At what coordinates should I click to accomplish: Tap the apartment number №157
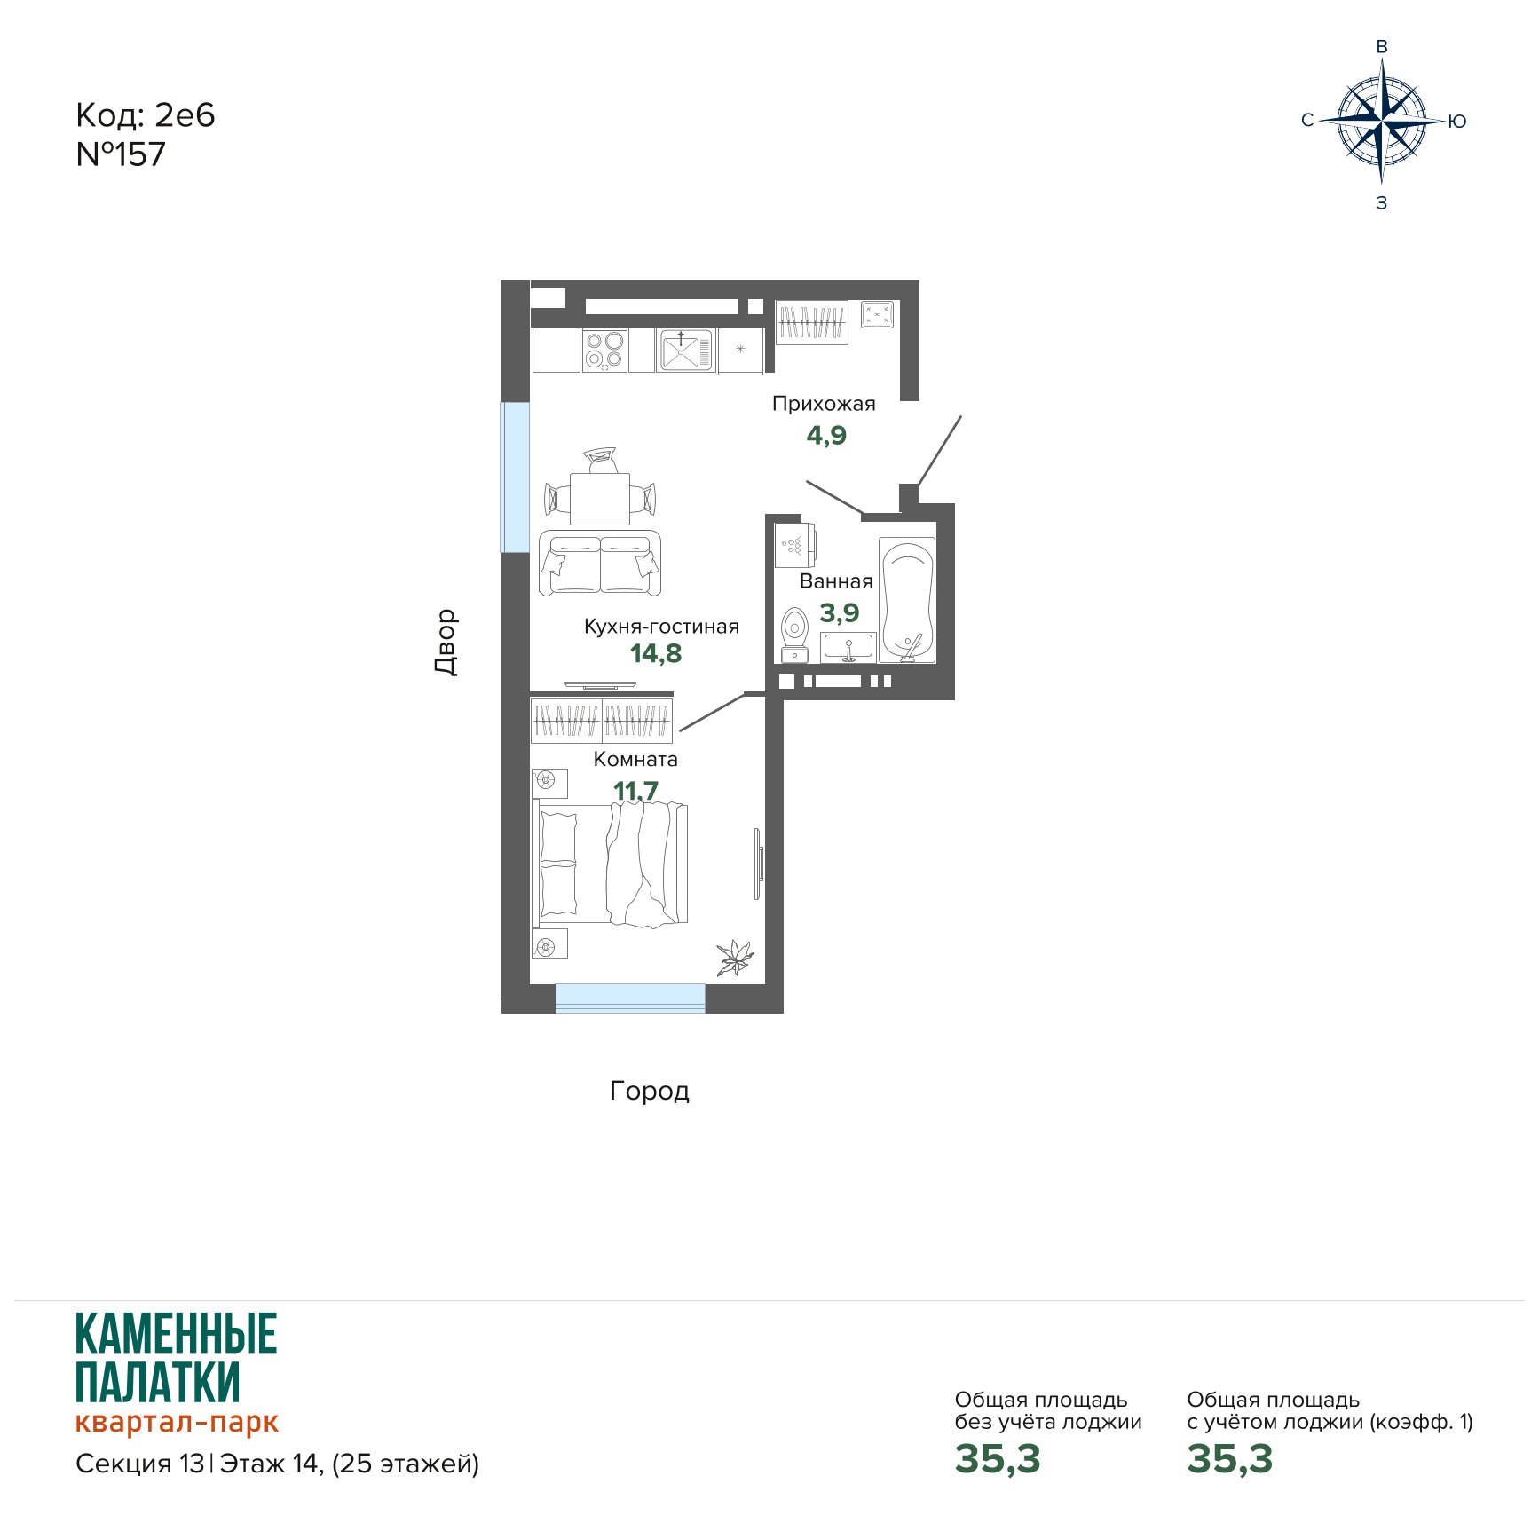[121, 154]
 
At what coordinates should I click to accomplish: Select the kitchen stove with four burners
[604, 350]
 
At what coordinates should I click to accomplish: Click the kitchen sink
[684, 350]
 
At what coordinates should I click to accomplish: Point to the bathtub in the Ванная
[907, 600]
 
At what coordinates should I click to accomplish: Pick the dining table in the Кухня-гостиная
[600, 499]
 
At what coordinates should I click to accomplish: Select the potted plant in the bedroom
[736, 958]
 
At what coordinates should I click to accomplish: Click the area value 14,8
[656, 654]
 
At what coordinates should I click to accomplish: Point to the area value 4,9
[826, 436]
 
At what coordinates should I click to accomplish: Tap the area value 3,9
[840, 612]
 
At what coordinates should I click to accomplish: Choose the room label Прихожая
[824, 404]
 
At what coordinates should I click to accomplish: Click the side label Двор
[446, 642]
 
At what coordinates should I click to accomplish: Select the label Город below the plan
[650, 1091]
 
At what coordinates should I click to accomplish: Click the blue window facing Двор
[515, 477]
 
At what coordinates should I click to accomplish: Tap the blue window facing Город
[630, 998]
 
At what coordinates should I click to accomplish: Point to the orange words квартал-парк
[177, 1423]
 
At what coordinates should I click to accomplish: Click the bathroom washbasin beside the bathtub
[848, 648]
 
